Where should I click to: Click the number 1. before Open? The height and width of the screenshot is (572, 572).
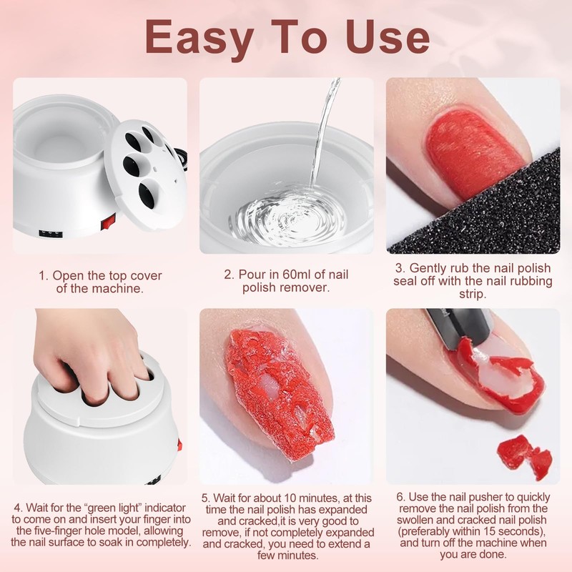tap(44, 275)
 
